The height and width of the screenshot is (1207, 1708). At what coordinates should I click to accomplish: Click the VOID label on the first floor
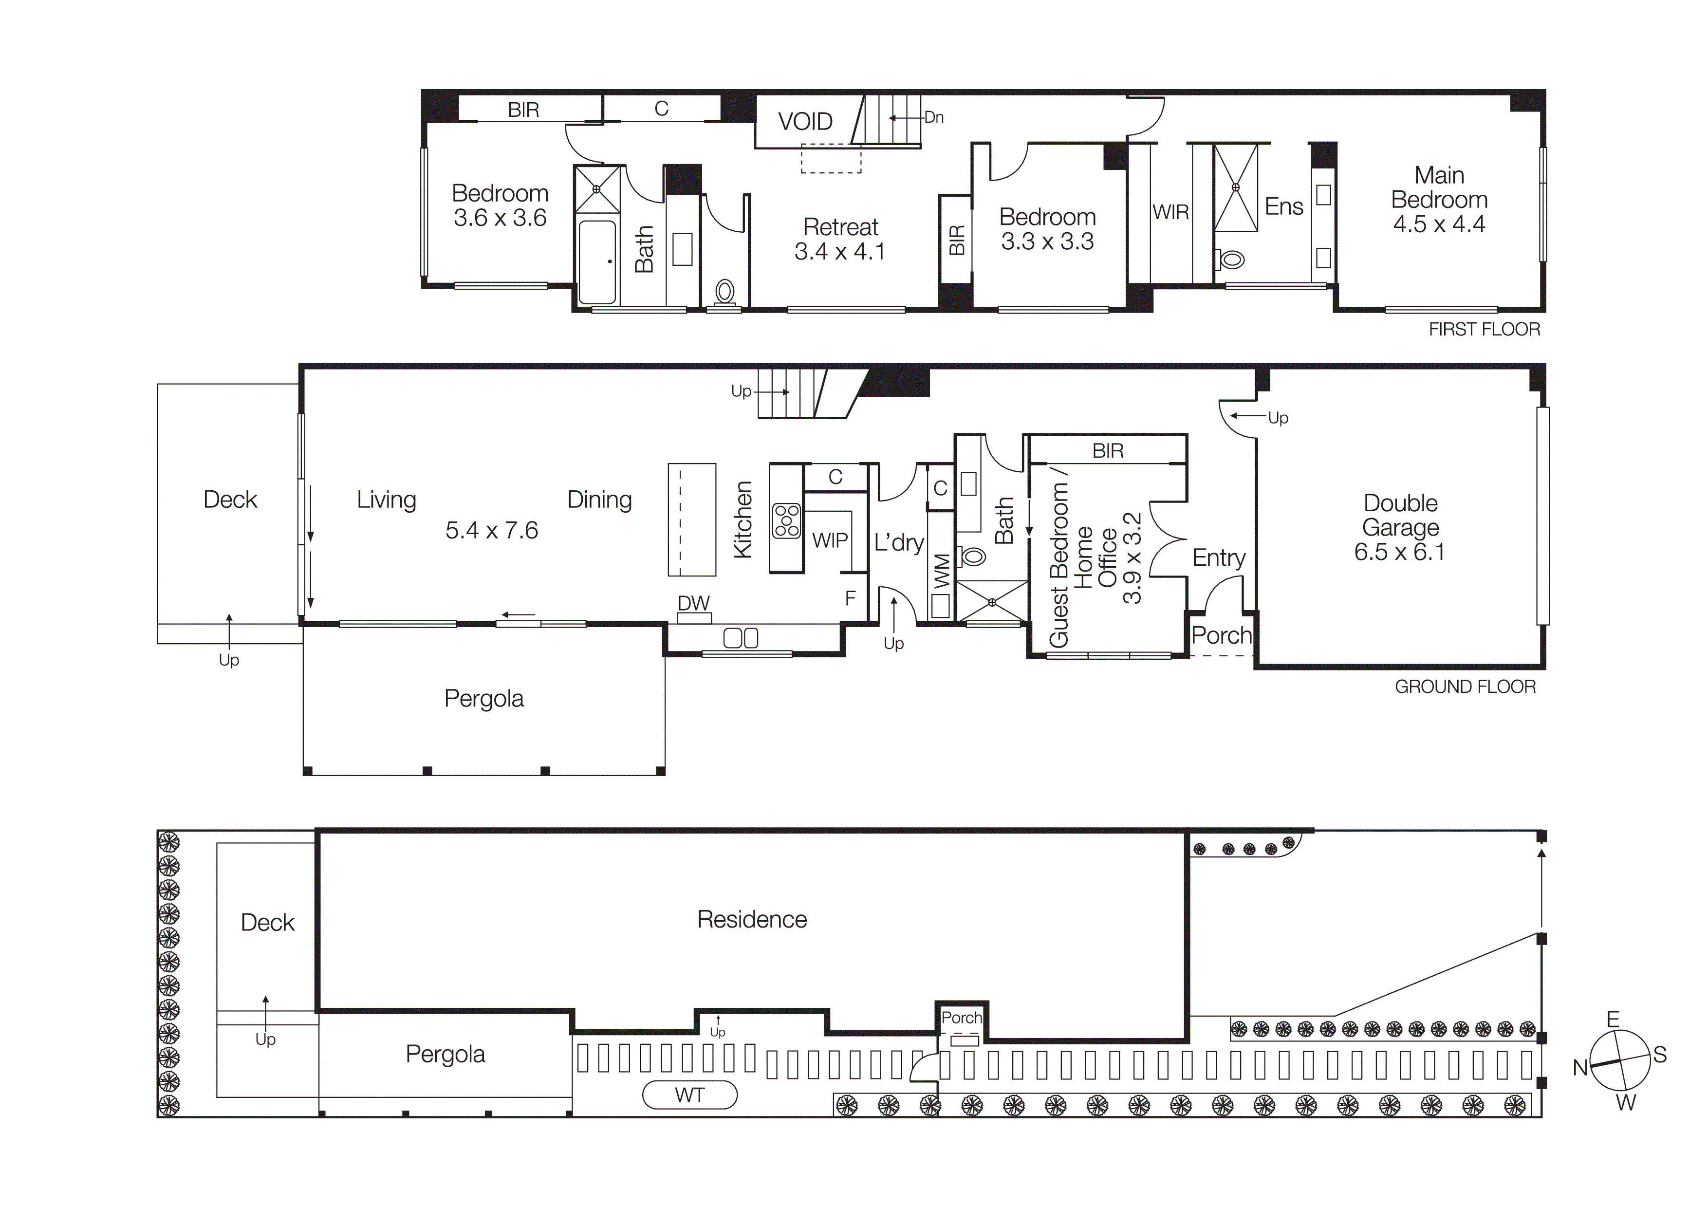point(805,121)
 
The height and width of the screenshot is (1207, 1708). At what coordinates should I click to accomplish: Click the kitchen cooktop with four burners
point(786,520)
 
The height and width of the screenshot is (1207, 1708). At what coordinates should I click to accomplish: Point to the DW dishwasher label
point(693,603)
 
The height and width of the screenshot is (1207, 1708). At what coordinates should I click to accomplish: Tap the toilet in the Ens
point(1232,260)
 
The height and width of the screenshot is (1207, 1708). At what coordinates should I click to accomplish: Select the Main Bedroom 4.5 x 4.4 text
point(1439,199)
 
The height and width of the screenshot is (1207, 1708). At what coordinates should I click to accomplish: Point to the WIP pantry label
point(830,540)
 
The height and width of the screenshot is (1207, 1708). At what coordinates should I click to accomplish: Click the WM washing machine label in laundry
point(941,571)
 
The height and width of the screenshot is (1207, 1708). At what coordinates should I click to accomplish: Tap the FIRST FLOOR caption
point(1484,330)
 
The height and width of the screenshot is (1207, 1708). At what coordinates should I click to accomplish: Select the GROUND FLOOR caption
point(1465,687)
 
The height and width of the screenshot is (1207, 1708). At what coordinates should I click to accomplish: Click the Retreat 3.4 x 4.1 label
point(840,239)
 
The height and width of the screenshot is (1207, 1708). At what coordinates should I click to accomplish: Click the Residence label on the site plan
point(751,919)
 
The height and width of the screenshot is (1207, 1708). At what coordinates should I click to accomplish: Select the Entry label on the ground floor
point(1219,558)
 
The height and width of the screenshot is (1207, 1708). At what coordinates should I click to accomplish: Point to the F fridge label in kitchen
point(850,598)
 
